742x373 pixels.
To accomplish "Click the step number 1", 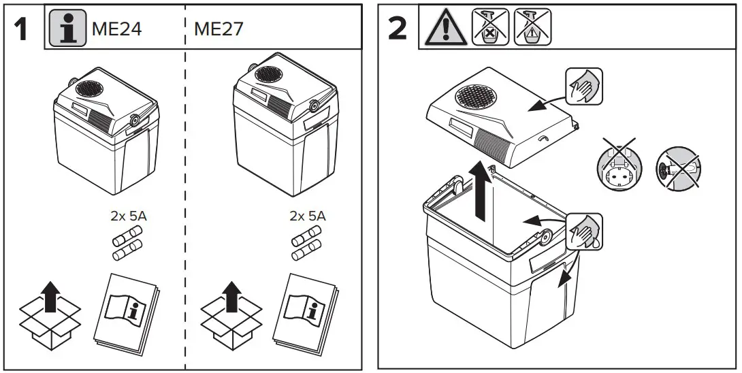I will (x=22, y=30).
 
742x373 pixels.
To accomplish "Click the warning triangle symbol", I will (x=444, y=29).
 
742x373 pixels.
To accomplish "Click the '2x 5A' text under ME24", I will (x=129, y=216).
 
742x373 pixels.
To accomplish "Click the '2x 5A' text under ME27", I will (x=307, y=216).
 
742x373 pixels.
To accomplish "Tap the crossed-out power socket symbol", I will (x=617, y=163).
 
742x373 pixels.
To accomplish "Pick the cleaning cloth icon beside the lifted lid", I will (x=583, y=86).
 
